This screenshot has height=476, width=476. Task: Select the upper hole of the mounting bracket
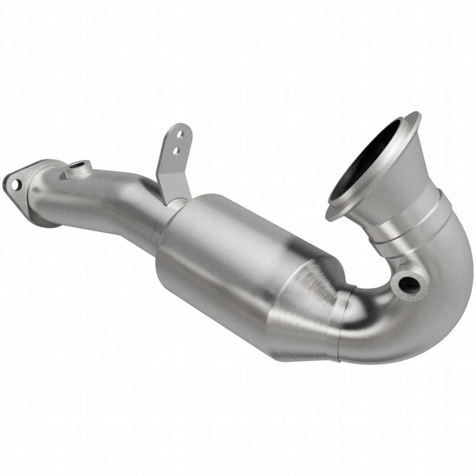(180, 134)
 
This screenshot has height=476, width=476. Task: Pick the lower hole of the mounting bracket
(176, 150)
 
